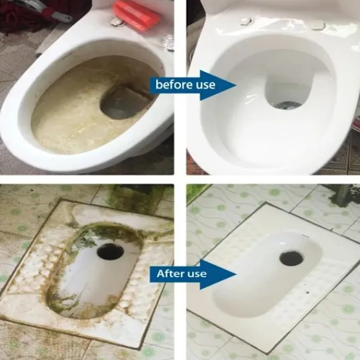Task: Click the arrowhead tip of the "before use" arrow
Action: pos(236,85)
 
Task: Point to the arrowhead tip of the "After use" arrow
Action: pos(236,274)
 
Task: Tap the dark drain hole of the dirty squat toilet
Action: pos(110,251)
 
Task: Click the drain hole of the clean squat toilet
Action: pos(291,259)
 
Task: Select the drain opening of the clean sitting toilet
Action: pos(287,105)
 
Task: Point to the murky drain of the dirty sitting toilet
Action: pos(125,103)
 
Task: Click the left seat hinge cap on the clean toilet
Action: pos(247,21)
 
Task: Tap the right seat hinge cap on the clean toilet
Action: pos(318,25)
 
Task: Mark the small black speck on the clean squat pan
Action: pos(307,292)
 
